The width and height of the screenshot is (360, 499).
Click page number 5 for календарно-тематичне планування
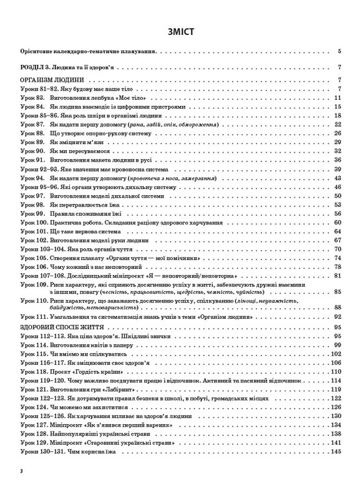coord(337,51)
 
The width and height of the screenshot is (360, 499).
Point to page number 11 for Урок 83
coord(336,98)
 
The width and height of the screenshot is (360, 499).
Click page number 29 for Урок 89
coord(336,143)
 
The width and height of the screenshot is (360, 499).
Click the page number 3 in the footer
coord(21,487)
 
